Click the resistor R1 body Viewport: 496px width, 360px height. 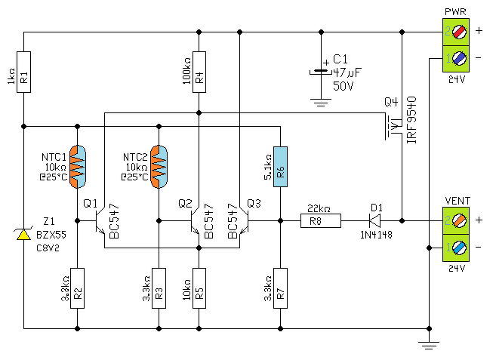click(23, 72)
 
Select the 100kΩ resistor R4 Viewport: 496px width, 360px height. click(199, 72)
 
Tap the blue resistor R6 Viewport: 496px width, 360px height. click(280, 167)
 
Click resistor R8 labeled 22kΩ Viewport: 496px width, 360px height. click(321, 221)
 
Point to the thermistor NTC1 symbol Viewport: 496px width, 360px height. click(78, 167)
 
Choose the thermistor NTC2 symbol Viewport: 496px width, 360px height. click(159, 167)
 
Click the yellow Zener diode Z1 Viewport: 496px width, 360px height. click(23, 234)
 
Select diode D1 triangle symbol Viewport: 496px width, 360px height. click(375, 221)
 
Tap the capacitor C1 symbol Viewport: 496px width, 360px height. click(321, 72)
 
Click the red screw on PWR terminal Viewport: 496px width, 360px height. click(459, 32)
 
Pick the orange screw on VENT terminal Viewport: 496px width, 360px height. click(459, 221)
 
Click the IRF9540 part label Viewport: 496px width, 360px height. click(411, 120)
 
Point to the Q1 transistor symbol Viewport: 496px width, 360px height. click(100, 221)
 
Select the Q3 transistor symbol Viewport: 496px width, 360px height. click(244, 221)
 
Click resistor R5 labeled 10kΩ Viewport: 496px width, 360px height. click(199, 288)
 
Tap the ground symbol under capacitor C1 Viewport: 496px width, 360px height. click(321, 103)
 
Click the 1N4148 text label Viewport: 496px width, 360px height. click(376, 235)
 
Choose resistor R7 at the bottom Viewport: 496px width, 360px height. click(280, 288)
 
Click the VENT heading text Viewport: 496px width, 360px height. click(457, 201)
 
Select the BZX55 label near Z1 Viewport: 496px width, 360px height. click(51, 235)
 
